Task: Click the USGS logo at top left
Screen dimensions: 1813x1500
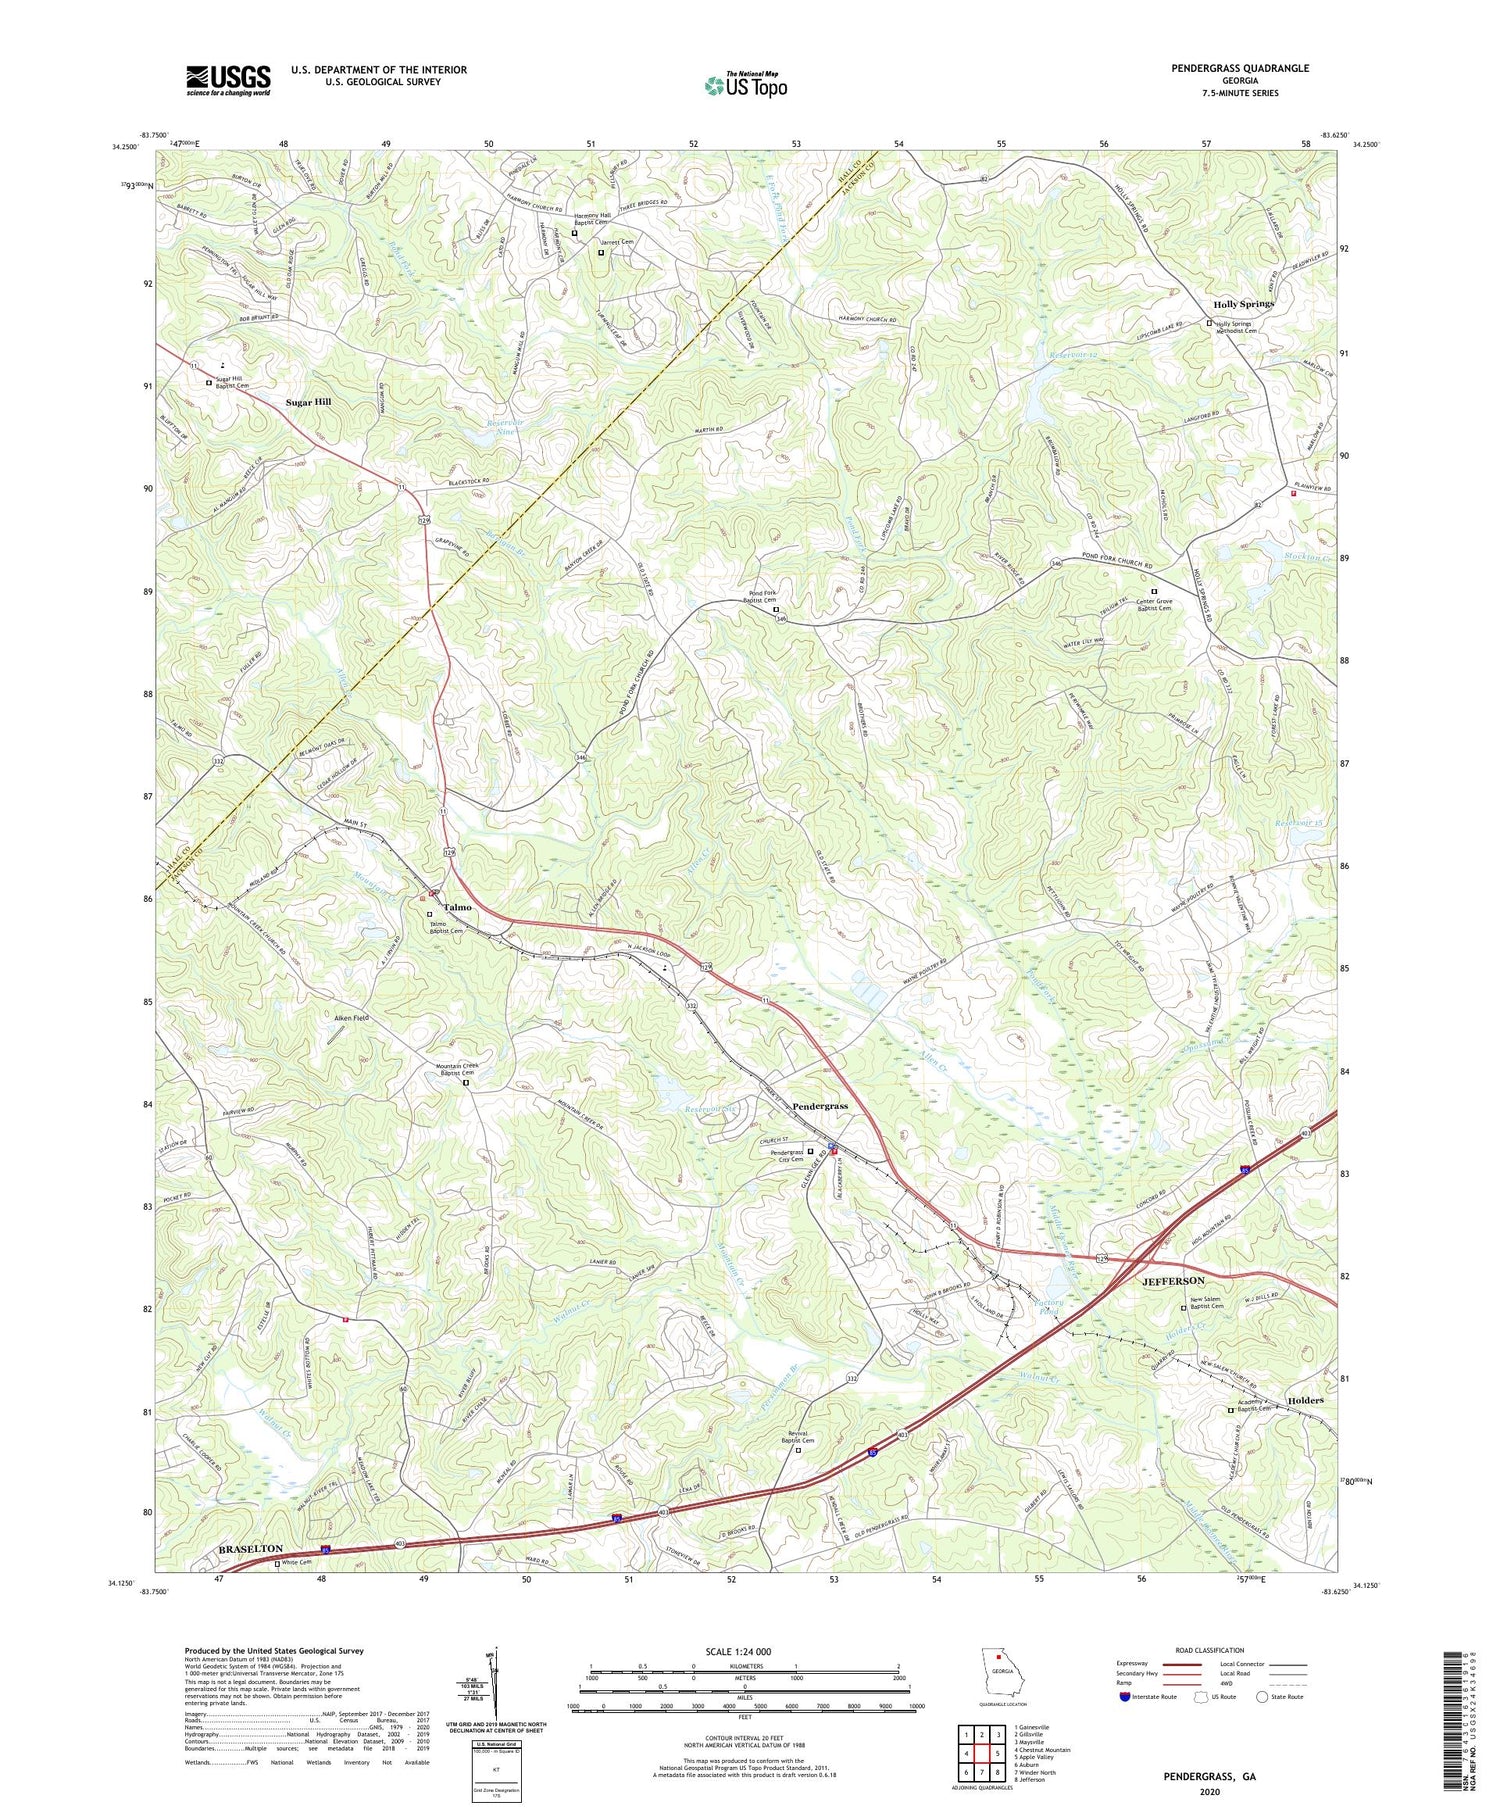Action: pos(228,80)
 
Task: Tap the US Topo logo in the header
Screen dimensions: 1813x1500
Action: pos(745,85)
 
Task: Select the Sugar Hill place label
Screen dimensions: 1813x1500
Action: pos(308,402)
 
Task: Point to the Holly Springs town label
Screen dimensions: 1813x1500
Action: pos(1243,303)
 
